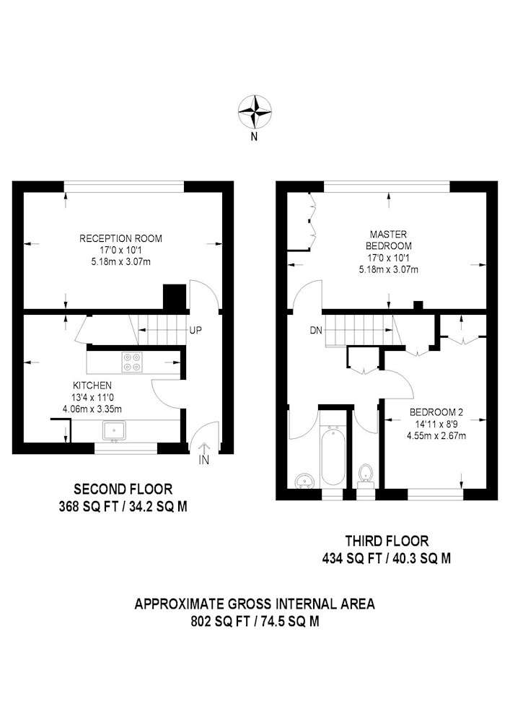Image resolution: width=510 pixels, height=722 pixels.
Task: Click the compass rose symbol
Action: click(x=255, y=112)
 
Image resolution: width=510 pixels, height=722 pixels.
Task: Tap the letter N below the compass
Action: click(x=254, y=136)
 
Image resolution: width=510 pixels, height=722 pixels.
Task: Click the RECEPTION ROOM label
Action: click(x=121, y=238)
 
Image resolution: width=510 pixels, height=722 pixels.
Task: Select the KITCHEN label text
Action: click(x=92, y=386)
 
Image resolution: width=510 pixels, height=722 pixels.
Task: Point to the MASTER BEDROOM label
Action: click(x=389, y=240)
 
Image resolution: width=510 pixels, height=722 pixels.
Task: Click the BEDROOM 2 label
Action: click(x=436, y=412)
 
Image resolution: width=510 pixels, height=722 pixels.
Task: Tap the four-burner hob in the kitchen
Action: click(x=131, y=362)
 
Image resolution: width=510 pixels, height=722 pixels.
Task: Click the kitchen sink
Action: click(x=115, y=430)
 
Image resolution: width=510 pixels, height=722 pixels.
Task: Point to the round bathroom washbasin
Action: click(x=303, y=481)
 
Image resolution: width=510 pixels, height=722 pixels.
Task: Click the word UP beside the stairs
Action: click(x=195, y=330)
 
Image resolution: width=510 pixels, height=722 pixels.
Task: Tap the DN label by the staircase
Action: click(x=316, y=330)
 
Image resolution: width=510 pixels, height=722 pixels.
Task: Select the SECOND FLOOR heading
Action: click(x=123, y=489)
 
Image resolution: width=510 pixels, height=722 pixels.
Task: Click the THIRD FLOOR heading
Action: click(x=387, y=540)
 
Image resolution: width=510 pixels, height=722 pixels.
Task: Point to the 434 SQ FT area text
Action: click(x=353, y=559)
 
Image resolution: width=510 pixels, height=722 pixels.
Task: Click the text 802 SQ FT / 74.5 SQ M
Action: click(x=255, y=622)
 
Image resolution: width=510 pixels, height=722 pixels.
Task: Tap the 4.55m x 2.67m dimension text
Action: click(x=436, y=435)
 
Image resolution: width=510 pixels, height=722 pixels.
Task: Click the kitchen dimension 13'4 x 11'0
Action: click(x=92, y=397)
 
